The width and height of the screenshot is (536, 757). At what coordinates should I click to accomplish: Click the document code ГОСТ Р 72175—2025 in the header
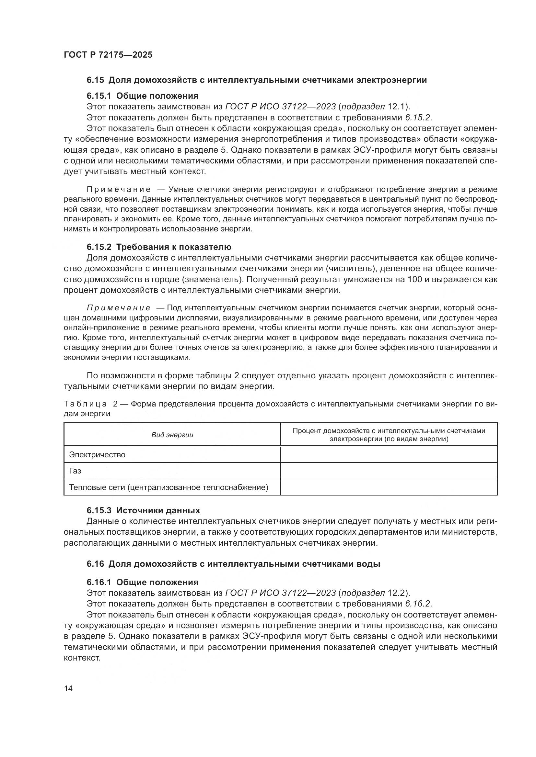click(x=108, y=55)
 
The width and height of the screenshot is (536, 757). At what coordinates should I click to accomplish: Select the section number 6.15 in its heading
click(x=95, y=80)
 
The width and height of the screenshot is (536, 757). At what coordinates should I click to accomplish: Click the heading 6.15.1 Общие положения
click(x=142, y=96)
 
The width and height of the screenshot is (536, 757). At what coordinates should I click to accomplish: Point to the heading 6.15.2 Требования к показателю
click(x=159, y=247)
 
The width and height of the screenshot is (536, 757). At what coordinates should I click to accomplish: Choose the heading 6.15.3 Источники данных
click(x=143, y=510)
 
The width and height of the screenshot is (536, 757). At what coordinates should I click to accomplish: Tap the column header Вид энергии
click(x=172, y=435)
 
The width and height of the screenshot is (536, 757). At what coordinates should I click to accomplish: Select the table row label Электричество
click(x=97, y=455)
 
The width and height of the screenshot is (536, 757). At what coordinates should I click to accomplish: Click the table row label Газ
click(x=75, y=471)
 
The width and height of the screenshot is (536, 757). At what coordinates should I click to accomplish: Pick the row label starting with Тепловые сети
click(x=168, y=487)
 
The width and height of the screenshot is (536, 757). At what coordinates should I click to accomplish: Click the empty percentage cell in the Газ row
click(x=389, y=471)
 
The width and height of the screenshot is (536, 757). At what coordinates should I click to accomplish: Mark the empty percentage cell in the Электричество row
click(x=389, y=455)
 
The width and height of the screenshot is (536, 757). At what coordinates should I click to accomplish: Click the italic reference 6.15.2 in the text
click(x=418, y=118)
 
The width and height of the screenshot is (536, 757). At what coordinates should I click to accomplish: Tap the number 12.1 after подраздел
click(x=395, y=107)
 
